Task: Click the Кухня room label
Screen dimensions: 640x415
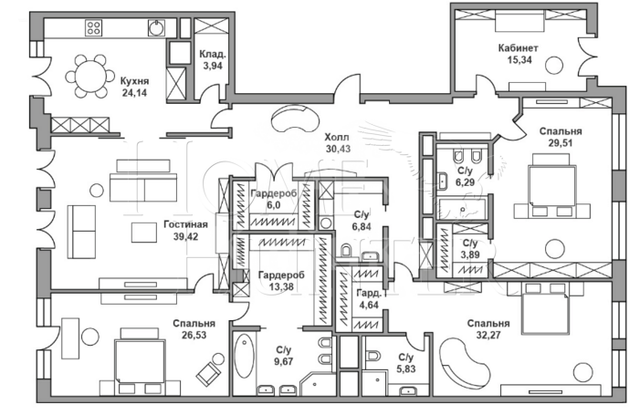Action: (x=134, y=80)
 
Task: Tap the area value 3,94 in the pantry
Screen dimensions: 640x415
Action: (x=212, y=66)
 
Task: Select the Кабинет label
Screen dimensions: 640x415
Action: (x=518, y=48)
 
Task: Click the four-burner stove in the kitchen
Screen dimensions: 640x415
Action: (x=93, y=27)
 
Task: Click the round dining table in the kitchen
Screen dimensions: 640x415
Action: (x=90, y=76)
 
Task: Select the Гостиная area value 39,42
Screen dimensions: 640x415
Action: (x=185, y=236)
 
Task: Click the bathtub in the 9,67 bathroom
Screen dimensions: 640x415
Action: (x=245, y=357)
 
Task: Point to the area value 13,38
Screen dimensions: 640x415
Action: (x=281, y=287)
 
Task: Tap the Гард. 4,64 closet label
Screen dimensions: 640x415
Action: (x=370, y=299)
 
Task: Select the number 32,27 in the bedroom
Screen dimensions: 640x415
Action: (x=489, y=336)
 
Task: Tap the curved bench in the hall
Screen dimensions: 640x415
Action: (x=295, y=118)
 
